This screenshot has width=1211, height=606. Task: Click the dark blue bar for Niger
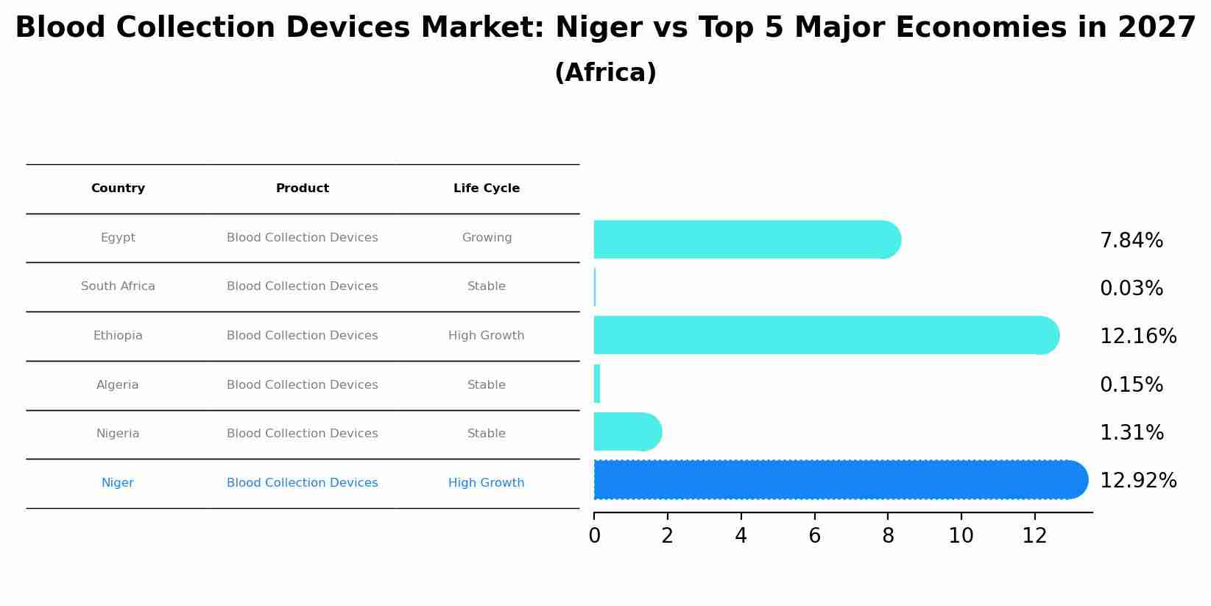[x=839, y=480]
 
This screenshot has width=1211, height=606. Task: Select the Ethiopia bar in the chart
[x=825, y=336]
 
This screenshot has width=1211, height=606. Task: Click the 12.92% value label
[x=1137, y=481]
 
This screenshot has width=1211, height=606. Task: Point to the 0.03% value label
[x=1131, y=289]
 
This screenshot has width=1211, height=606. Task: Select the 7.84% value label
[x=1131, y=241]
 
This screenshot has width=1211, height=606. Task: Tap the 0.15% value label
[x=1131, y=385]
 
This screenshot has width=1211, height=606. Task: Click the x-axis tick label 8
[x=888, y=536]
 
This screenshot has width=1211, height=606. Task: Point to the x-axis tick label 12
[x=1034, y=536]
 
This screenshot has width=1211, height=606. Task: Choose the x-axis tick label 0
[x=594, y=536]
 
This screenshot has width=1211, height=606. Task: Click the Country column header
[x=118, y=189]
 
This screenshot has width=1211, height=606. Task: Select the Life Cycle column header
[x=486, y=189]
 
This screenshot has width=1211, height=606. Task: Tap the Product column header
[x=302, y=189]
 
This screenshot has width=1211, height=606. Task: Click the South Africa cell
[x=118, y=286]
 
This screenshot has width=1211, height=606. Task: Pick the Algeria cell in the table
[x=118, y=385]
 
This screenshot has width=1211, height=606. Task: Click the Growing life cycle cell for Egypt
[x=486, y=238]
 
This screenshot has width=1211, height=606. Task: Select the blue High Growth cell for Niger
[x=486, y=483]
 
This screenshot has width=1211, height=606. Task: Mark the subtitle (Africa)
[x=605, y=74]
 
